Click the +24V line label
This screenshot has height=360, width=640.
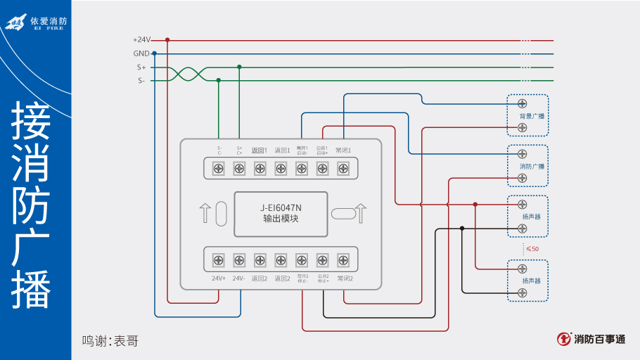(x=141, y=40)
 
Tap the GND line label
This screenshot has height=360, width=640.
(x=141, y=53)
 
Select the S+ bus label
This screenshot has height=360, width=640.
(x=141, y=67)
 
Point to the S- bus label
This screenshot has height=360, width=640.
(x=141, y=81)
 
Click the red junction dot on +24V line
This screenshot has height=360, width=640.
(x=167, y=40)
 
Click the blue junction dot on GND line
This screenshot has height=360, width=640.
(x=154, y=53)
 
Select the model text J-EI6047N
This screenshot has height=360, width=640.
(x=281, y=207)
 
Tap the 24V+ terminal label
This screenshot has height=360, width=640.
(x=218, y=278)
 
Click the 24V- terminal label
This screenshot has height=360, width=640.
(x=239, y=278)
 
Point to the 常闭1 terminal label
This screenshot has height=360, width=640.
(x=343, y=150)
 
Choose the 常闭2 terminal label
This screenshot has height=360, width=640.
(x=344, y=278)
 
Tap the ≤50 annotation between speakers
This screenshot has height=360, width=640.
(x=532, y=249)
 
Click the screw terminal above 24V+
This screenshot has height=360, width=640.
(x=218, y=260)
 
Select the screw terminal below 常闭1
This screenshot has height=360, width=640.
(x=343, y=168)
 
